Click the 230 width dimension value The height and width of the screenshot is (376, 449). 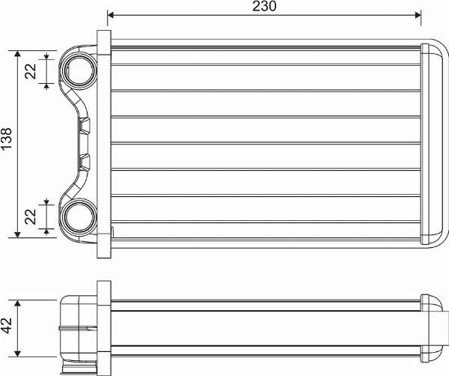click(264, 7)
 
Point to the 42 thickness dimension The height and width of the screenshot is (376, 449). click(7, 324)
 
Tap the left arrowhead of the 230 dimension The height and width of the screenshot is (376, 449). click(112, 14)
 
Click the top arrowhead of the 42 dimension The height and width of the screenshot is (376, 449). click(16, 300)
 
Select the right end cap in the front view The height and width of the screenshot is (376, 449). click(433, 144)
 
